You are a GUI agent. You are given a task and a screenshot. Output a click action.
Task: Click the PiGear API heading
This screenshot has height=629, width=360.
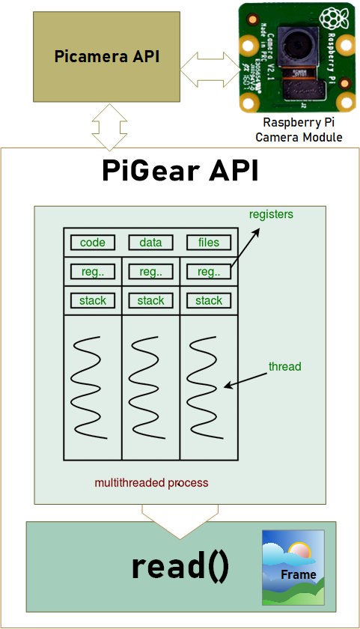pyautogui.click(x=180, y=171)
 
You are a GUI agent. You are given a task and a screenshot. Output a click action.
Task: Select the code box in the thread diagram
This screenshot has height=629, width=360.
pyautogui.click(x=93, y=243)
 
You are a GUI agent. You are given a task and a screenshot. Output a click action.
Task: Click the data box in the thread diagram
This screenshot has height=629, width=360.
pyautogui.click(x=150, y=243)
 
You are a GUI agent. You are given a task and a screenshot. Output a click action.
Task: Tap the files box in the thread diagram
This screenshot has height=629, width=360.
pyautogui.click(x=209, y=243)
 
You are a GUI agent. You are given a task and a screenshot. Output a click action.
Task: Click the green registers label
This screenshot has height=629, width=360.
pyautogui.click(x=271, y=215)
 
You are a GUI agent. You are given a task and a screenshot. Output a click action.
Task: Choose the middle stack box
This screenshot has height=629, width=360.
pyautogui.click(x=150, y=300)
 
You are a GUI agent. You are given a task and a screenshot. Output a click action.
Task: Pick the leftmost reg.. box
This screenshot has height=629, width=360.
pyautogui.click(x=93, y=271)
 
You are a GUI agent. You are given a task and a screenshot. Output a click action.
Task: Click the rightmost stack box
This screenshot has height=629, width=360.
pyautogui.click(x=209, y=300)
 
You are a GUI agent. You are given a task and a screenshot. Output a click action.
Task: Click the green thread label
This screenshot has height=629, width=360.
pyautogui.click(x=284, y=367)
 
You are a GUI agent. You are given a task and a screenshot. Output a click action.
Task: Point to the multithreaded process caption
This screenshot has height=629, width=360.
pyautogui.click(x=151, y=483)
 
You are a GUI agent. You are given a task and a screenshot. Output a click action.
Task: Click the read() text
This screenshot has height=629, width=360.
pyautogui.click(x=180, y=568)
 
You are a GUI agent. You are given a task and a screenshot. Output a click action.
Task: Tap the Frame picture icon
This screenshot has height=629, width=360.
pyautogui.click(x=293, y=567)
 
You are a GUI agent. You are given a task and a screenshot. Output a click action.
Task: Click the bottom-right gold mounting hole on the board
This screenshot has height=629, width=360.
pyautogui.click(x=345, y=100)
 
